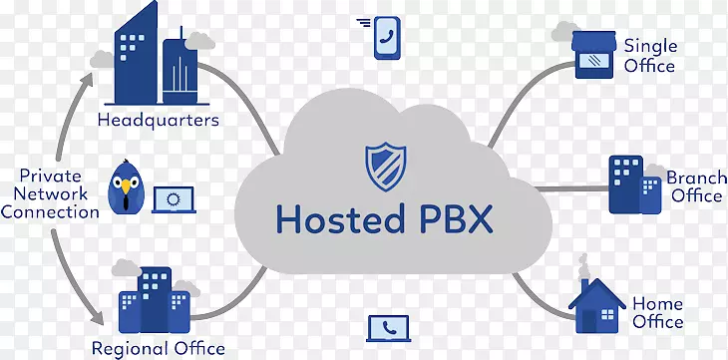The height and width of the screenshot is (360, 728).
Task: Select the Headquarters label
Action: click(x=159, y=121)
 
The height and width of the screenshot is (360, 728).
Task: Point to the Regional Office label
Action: click(x=159, y=348)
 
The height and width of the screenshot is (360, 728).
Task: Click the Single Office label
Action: click(x=650, y=56)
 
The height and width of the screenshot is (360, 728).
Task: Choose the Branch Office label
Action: click(x=696, y=186)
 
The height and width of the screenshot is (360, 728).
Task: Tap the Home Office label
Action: click(x=657, y=312)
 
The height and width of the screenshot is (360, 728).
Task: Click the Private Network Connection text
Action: click(x=51, y=192)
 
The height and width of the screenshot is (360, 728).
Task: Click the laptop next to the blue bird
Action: click(x=174, y=199)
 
